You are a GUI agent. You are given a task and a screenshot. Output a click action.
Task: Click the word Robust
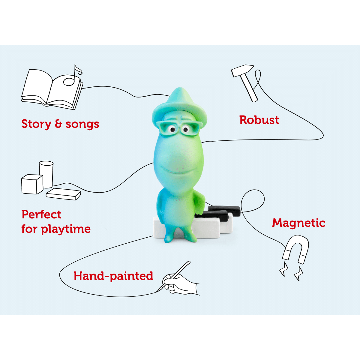point(259,120)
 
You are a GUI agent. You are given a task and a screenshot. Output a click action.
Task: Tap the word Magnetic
point(299,223)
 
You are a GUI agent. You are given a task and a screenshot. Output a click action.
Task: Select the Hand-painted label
point(113,276)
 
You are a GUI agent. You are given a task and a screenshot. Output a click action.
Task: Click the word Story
point(36,124)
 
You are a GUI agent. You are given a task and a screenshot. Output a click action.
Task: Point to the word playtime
point(66,229)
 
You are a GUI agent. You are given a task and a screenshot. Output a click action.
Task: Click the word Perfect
point(41,214)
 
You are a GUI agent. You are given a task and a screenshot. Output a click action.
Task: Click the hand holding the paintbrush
point(180,283)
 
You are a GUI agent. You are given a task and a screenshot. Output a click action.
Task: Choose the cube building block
point(32,184)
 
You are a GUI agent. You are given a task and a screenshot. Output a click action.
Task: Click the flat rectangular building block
point(63,194)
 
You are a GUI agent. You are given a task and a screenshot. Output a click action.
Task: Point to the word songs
point(82,124)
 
